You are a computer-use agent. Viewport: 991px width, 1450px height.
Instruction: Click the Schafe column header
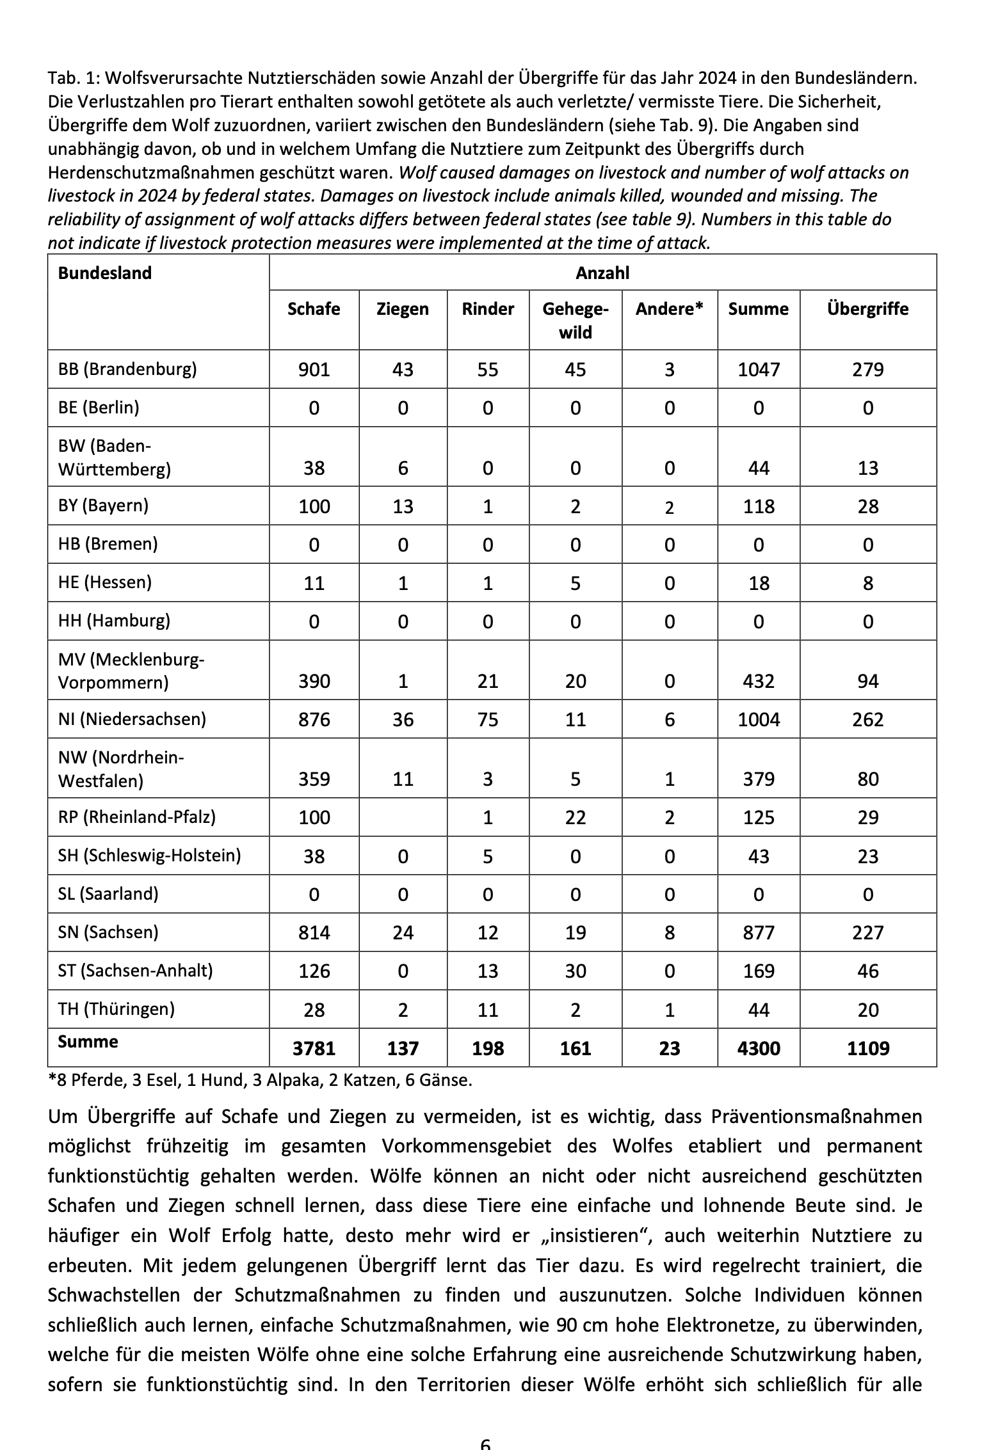314,309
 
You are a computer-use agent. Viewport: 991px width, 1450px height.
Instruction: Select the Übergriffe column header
867,309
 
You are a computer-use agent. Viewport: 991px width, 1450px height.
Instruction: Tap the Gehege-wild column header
575,321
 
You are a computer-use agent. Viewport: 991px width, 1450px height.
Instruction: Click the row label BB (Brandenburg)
127,369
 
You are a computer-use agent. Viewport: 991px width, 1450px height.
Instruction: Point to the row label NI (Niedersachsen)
132,719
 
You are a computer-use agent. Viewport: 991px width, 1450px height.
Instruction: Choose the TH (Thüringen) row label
116,1008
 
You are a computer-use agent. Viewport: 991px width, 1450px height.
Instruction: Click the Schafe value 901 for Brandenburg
314,370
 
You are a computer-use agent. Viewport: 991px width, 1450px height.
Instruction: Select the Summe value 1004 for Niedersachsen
759,720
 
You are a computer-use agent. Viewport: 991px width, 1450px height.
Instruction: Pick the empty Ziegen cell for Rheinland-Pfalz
403,817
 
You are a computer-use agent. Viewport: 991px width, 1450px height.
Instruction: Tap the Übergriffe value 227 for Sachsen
867,932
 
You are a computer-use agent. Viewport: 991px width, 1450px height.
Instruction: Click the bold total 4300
759,1048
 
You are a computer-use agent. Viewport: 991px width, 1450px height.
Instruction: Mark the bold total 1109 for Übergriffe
867,1048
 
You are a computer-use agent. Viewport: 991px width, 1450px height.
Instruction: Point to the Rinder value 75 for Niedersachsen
488,720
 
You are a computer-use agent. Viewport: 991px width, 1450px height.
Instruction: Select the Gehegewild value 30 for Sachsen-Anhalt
575,971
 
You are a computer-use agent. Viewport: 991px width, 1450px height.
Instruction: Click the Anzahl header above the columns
602,273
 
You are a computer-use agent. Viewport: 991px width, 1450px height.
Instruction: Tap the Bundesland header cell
105,273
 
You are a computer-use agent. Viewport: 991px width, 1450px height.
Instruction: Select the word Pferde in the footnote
95,1081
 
